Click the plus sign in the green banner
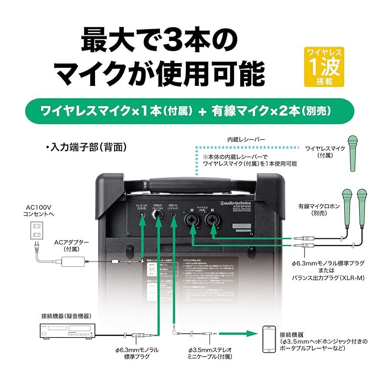pyautogui.click(x=203, y=112)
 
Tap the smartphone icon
pyautogui.click(x=269, y=340)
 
